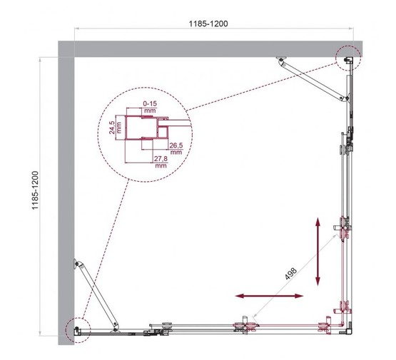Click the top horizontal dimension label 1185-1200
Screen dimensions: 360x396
(209, 23)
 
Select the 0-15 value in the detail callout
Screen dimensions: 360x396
(149, 108)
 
